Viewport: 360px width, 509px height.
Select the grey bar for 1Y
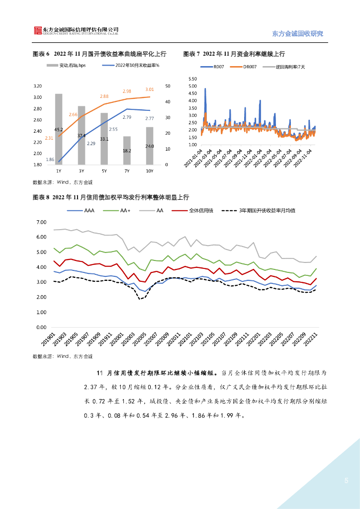[x=59, y=129]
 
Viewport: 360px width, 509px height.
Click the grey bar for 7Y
[x=127, y=150]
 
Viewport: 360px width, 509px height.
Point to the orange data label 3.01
[x=150, y=89]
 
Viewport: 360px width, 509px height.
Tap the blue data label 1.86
[x=50, y=160]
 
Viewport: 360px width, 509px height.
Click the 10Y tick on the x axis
[x=149, y=171]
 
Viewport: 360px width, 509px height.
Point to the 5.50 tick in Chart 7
[x=193, y=79]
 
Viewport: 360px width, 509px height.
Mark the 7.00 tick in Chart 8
[x=38, y=222]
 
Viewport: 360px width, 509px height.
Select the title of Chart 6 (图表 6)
[x=99, y=54]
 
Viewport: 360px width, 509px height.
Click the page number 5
[x=346, y=481]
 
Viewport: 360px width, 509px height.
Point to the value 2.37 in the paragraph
[x=91, y=385]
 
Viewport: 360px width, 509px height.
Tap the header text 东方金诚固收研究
[x=298, y=34]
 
